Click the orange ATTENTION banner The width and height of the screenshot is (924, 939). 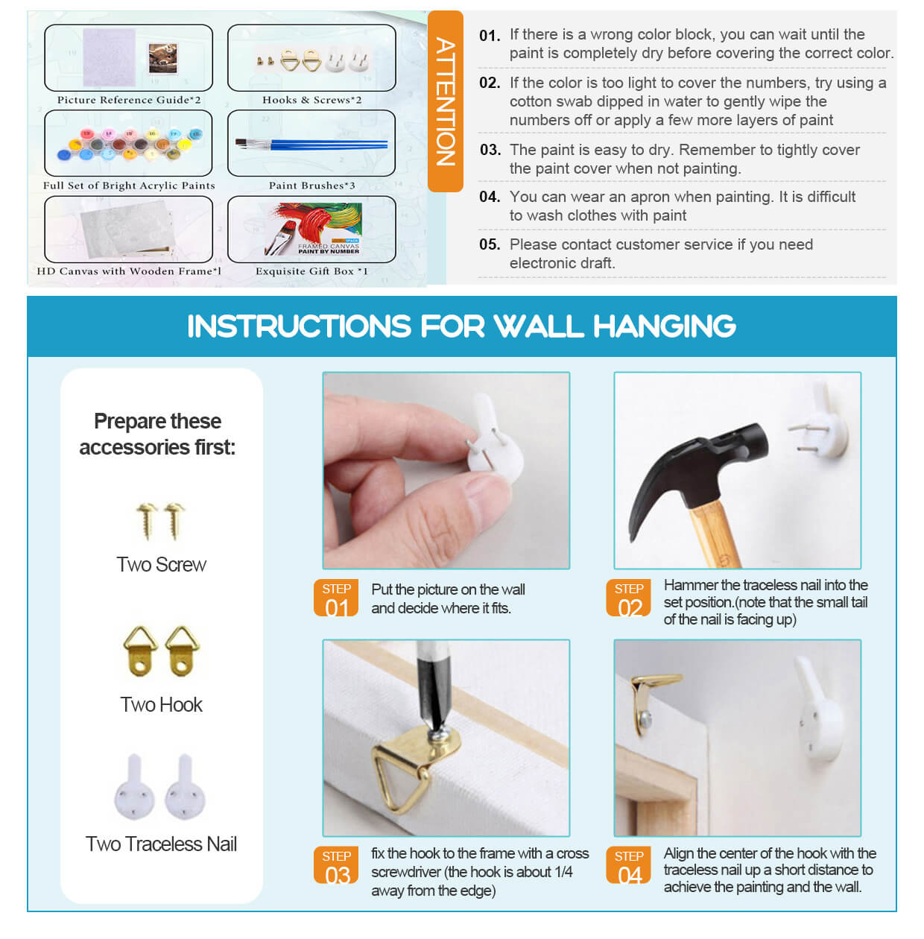[x=445, y=101]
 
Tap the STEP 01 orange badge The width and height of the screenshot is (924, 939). [x=336, y=598]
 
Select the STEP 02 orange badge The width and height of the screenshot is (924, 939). [x=628, y=598]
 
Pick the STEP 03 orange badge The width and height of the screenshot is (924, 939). [x=336, y=865]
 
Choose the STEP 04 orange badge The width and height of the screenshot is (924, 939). [x=628, y=865]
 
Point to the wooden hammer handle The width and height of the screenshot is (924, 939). [x=712, y=534]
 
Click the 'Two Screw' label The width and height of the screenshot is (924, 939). [x=161, y=565]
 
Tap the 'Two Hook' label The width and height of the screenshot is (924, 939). [x=161, y=704]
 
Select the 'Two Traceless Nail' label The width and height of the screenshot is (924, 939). [x=161, y=844]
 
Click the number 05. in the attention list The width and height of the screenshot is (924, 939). [x=490, y=244]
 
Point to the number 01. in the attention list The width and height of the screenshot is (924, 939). [x=490, y=36]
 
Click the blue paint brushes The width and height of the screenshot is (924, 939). [x=311, y=144]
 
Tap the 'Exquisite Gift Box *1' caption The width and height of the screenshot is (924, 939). [x=312, y=271]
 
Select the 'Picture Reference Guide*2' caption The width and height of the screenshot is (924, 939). [x=129, y=100]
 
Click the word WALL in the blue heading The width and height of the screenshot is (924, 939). [x=539, y=326]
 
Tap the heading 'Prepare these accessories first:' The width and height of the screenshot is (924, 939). [x=157, y=434]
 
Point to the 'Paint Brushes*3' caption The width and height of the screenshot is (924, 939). [x=312, y=186]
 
